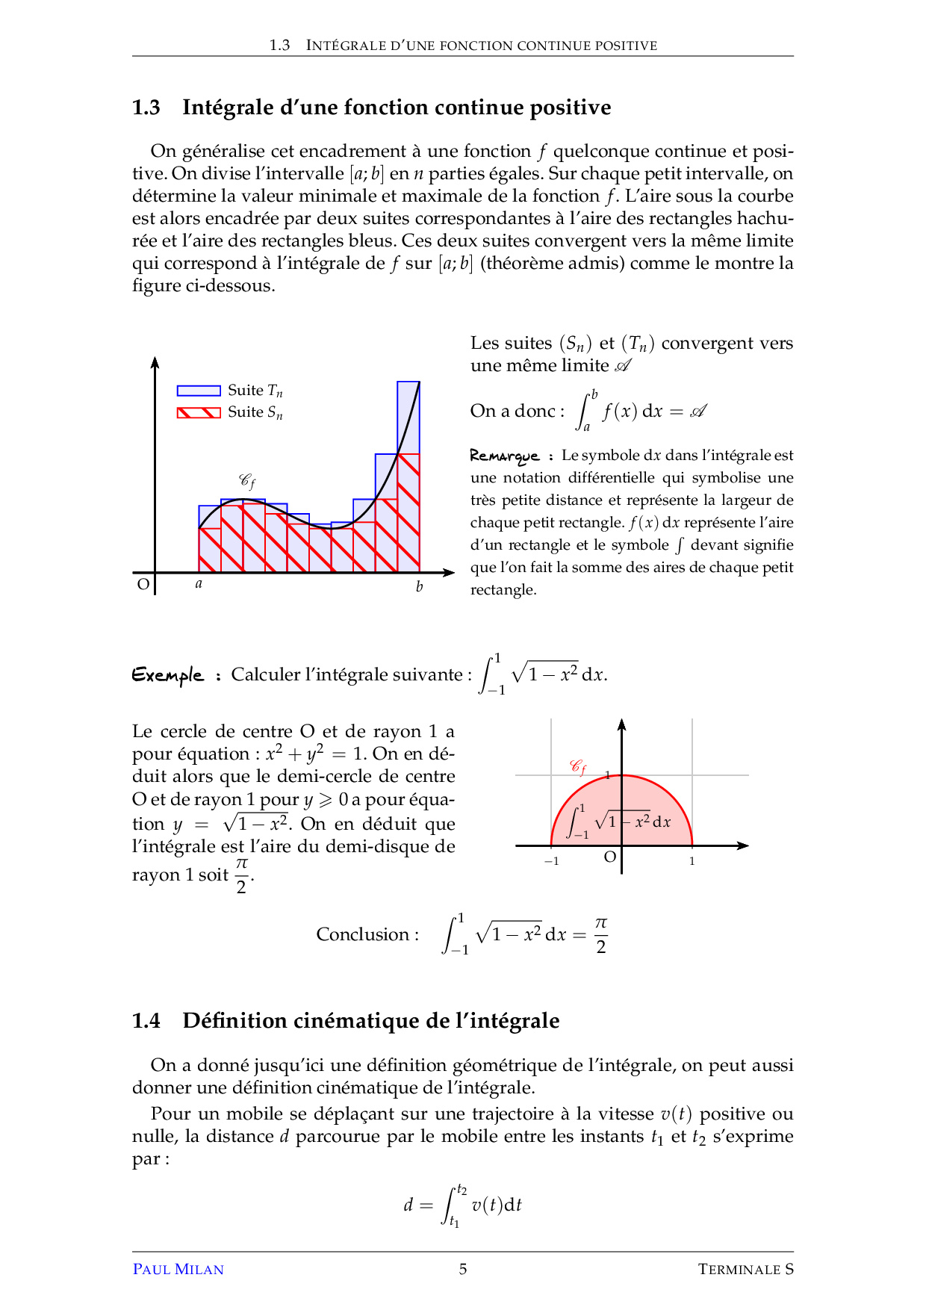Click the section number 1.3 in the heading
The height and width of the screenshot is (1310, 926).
146,108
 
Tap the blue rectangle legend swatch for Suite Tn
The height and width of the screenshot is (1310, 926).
199,391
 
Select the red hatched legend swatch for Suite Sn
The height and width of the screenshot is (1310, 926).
199,412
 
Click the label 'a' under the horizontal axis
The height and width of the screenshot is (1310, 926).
199,584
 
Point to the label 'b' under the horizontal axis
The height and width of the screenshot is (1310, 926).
420,586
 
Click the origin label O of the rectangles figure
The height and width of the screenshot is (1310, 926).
143,584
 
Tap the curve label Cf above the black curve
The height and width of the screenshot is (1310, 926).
247,481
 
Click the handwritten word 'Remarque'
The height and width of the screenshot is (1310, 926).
505,456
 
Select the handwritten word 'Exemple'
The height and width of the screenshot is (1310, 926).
168,675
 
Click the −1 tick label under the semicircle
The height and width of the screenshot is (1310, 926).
551,861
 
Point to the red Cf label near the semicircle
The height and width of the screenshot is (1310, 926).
578,766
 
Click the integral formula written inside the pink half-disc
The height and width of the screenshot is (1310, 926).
620,822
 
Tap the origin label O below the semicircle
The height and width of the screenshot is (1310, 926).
610,857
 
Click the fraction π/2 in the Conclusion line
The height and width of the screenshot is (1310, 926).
601,935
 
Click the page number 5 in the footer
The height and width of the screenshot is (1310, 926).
463,1269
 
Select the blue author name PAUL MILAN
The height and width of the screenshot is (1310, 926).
178,1269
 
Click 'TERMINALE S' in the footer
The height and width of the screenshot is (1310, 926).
745,1269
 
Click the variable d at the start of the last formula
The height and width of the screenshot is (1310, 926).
408,1205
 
